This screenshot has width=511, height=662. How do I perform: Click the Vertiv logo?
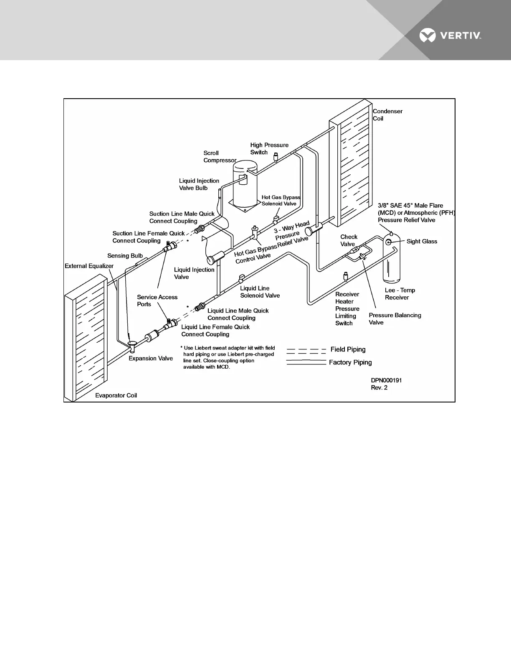click(x=450, y=36)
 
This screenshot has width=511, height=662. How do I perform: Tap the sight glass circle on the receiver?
click(x=389, y=242)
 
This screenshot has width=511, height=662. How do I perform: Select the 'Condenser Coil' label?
click(x=387, y=115)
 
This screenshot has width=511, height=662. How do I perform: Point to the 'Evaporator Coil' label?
click(x=116, y=395)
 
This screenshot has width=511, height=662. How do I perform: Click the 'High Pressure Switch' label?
click(x=269, y=149)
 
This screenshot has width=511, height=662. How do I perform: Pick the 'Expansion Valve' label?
click(x=151, y=359)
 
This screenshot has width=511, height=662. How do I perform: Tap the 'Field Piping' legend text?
click(x=348, y=349)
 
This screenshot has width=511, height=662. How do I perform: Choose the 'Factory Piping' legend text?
click(x=350, y=362)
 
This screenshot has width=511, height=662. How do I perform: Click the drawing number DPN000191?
click(x=387, y=380)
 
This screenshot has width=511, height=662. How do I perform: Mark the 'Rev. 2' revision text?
click(x=379, y=388)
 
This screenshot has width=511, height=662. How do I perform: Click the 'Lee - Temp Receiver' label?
click(x=400, y=294)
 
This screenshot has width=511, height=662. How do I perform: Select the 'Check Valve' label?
click(x=349, y=241)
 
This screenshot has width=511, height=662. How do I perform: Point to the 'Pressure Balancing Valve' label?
click(x=395, y=319)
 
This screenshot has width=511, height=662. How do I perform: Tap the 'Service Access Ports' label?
click(x=157, y=300)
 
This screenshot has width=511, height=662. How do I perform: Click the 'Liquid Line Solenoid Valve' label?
click(x=260, y=292)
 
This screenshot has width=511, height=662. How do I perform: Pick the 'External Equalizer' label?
click(x=89, y=266)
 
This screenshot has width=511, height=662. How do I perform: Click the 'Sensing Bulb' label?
click(x=125, y=256)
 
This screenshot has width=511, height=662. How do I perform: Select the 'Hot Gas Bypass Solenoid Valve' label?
click(x=281, y=201)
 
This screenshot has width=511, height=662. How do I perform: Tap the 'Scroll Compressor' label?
click(x=220, y=157)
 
